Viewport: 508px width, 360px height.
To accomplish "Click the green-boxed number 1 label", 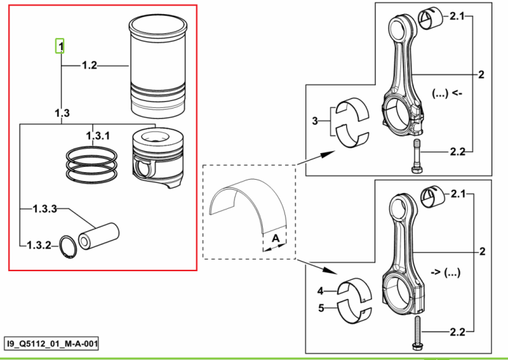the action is click(x=60, y=46).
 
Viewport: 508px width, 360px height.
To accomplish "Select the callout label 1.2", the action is click(x=89, y=66).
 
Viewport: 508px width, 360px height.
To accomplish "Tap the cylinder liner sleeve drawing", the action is click(x=158, y=66).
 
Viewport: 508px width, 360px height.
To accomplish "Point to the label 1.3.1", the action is click(x=98, y=136).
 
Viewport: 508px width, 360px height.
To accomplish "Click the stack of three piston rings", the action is click(x=91, y=165).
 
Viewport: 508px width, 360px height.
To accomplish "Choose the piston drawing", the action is click(x=158, y=158).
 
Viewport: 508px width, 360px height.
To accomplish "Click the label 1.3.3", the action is click(x=45, y=209).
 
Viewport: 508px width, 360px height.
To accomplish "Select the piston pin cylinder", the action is click(x=98, y=237).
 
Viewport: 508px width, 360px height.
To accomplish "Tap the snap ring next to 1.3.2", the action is click(x=68, y=247).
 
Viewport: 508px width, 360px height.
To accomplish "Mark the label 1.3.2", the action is click(x=39, y=245).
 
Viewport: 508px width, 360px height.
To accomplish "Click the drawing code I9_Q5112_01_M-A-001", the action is click(x=52, y=344).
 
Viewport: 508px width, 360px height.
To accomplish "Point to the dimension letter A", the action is click(x=276, y=239).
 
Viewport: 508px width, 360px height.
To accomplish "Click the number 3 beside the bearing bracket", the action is click(x=315, y=121).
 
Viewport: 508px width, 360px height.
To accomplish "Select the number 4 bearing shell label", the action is click(x=320, y=291).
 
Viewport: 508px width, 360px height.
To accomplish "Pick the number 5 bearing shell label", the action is click(x=321, y=308).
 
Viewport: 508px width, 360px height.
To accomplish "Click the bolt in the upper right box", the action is click(x=417, y=156).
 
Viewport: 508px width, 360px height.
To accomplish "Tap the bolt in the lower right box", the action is click(x=417, y=333).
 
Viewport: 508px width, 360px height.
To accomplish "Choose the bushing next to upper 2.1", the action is click(x=431, y=20).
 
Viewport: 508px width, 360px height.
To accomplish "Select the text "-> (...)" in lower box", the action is click(x=446, y=273).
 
